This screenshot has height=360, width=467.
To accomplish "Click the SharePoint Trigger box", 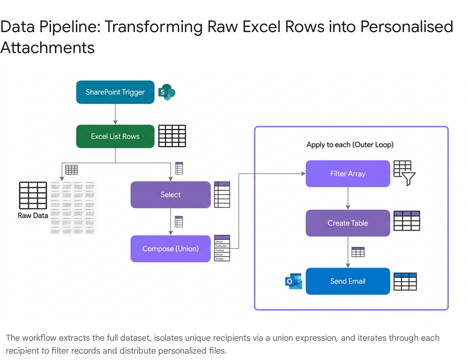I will tap(115, 92).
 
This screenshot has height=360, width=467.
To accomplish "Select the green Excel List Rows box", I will tap(115, 136).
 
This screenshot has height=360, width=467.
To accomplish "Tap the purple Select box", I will tap(170, 195).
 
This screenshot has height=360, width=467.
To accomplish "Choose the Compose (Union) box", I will tap(170, 249).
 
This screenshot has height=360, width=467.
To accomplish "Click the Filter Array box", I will tap(348, 174).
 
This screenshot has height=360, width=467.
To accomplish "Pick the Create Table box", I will tap(348, 223).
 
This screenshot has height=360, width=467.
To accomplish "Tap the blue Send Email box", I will tap(348, 281).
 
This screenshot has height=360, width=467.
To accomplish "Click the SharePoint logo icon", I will tap(166, 92).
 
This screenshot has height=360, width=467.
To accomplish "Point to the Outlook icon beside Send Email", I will tap(293, 281).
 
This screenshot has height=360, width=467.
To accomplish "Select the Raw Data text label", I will tap(33, 216).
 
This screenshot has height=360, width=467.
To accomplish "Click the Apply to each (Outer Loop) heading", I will tap(350, 145).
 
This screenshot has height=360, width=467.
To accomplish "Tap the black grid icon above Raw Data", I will tap(33, 195).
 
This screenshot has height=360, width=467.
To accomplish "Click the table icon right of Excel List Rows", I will tap(172, 136).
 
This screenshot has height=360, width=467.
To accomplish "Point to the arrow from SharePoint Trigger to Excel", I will tap(115, 114).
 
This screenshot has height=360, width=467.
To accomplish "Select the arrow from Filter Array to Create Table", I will tap(348, 198).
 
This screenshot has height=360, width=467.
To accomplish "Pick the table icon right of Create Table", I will tap(407, 221).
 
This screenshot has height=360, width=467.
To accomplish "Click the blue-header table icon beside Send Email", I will tap(405, 282).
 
